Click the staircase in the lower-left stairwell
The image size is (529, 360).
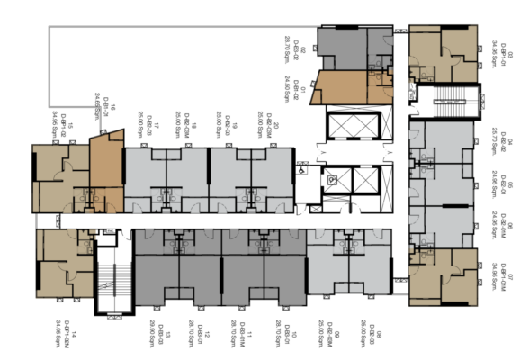click(114, 279)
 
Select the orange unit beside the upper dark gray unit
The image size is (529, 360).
click(338, 87)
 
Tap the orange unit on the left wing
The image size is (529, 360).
click(106, 162)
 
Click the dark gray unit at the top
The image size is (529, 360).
click(342, 47)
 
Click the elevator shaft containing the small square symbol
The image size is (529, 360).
click(336, 179)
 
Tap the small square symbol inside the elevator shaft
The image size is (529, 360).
click(333, 179)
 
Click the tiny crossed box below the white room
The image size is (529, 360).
click(316, 209)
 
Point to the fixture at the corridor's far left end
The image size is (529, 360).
click(40, 220)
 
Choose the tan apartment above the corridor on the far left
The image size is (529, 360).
click(59, 175)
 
